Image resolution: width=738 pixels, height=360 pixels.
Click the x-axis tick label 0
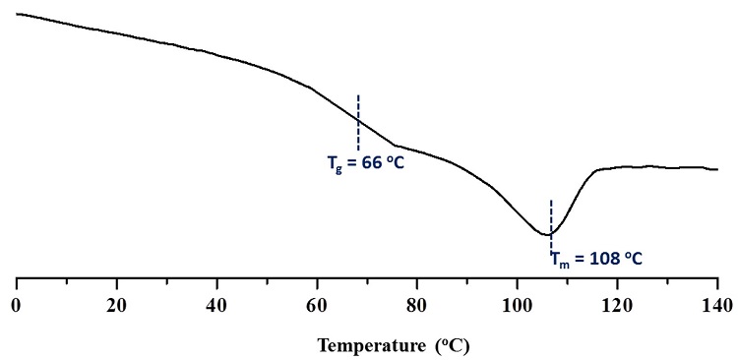(16, 305)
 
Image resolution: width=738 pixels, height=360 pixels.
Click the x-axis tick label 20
(116, 305)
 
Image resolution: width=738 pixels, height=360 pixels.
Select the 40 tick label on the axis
(216, 305)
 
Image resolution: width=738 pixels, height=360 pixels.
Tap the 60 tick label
(317, 305)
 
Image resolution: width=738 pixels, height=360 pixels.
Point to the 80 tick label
(417, 305)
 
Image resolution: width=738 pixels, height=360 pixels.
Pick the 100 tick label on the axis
(517, 305)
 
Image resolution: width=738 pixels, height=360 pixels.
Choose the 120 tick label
(617, 305)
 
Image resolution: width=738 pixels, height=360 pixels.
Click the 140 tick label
(717, 305)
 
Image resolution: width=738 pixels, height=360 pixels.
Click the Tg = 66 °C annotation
(365, 163)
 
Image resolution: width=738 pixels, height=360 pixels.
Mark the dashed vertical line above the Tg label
(358, 122)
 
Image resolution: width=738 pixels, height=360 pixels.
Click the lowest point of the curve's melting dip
(548, 235)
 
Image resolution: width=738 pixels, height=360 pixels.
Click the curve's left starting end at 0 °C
(17, 14)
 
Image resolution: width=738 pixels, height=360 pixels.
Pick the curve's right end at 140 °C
(717, 169)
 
